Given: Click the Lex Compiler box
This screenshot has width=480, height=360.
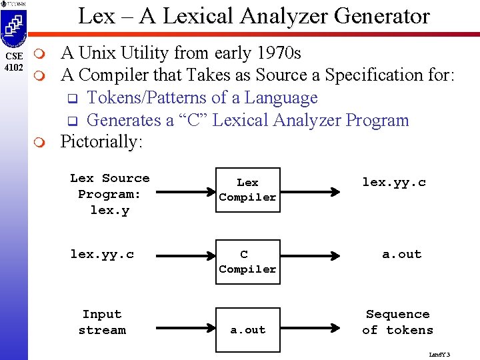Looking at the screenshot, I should [x=247, y=190].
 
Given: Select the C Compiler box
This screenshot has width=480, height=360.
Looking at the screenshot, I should [x=247, y=261].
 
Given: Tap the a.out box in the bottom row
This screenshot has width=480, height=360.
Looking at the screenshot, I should [x=247, y=330].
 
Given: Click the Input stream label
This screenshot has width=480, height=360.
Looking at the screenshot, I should [x=102, y=322].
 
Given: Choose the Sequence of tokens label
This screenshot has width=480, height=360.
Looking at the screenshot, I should [x=397, y=322].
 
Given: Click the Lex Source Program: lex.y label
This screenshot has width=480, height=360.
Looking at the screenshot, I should [x=109, y=194].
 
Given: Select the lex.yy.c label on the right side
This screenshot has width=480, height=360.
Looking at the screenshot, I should [x=393, y=182].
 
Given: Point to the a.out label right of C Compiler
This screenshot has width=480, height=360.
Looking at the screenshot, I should [x=401, y=254].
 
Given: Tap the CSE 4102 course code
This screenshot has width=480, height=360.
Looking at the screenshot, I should [x=13, y=62].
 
